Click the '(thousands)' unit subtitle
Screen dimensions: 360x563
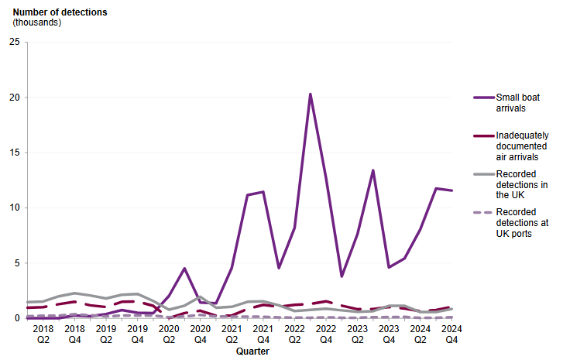[x=38, y=22]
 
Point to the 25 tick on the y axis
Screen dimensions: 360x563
[x=14, y=42]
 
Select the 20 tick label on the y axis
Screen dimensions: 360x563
[x=14, y=98]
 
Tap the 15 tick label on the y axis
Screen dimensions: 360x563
[x=14, y=153]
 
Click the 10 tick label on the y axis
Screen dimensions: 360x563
[x=14, y=207]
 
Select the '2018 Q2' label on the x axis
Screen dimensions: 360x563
[x=43, y=334]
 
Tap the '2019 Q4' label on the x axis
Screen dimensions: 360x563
[x=138, y=334]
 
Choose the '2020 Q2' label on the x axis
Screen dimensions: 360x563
[x=169, y=334]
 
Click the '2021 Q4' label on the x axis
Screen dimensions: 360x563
[x=263, y=334]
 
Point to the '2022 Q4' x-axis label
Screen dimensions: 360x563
[x=326, y=334]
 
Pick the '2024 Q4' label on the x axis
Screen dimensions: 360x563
[x=451, y=334]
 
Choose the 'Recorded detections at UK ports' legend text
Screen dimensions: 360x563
[x=522, y=228]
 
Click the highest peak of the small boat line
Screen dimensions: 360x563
[x=311, y=94]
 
